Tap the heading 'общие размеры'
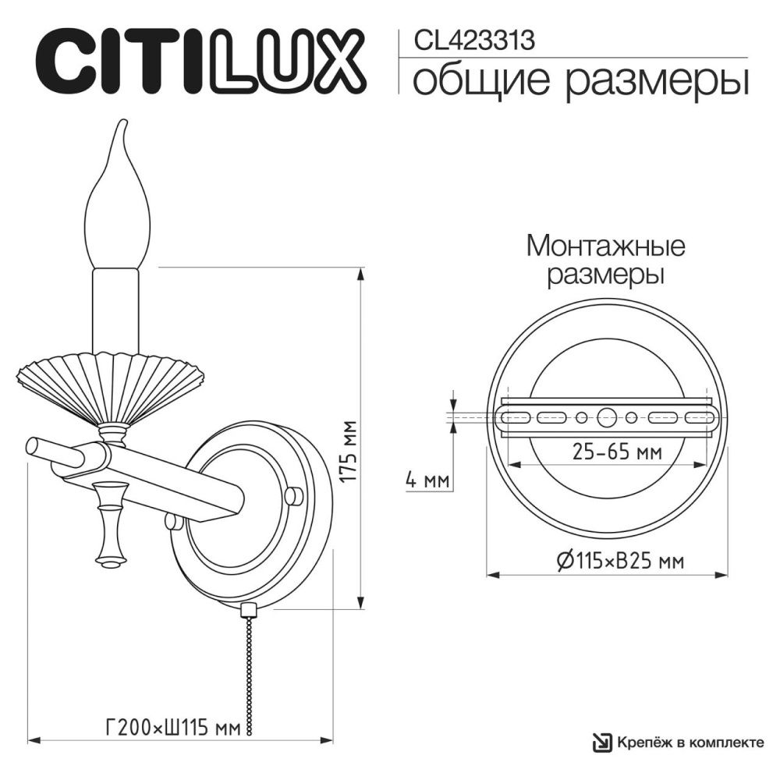pos(580,80)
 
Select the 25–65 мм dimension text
pos(612,452)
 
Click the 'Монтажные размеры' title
pos(606,261)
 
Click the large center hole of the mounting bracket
pos(606,417)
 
